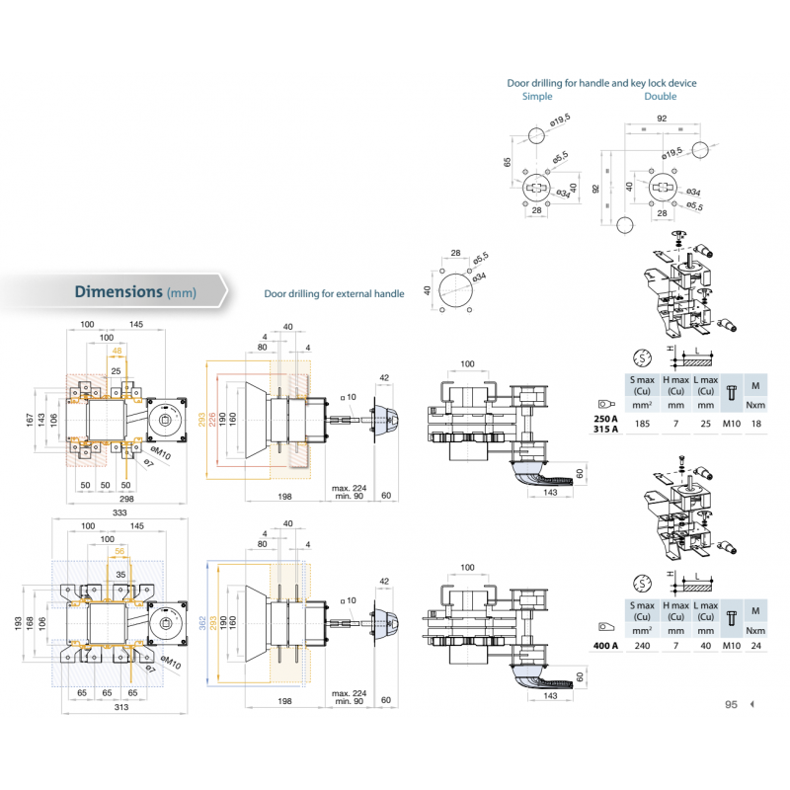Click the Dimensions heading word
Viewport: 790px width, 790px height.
(x=118, y=291)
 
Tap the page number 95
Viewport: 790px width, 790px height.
(x=732, y=704)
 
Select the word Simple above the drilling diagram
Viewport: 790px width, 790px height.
(x=537, y=97)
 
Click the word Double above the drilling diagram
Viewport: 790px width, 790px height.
(x=661, y=97)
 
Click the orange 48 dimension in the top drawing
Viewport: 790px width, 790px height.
(x=118, y=352)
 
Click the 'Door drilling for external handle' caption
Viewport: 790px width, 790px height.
(x=334, y=294)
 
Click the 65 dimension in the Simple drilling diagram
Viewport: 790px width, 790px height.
(x=509, y=163)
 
